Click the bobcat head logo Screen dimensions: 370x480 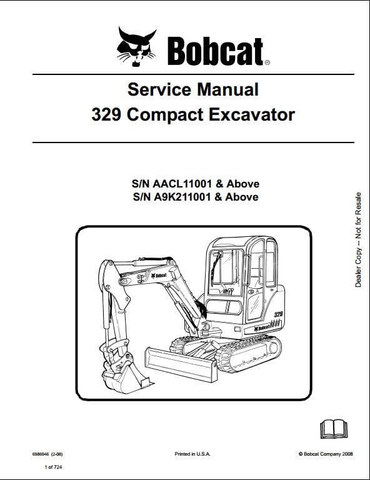[x=136, y=46]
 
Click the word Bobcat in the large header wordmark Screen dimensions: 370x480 [x=216, y=51]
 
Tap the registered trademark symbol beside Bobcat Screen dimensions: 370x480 [x=267, y=62]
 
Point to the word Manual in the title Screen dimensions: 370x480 [x=227, y=89]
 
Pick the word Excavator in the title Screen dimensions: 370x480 [x=252, y=115]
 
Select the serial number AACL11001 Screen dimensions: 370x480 [x=182, y=184]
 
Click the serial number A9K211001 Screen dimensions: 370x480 [x=182, y=197]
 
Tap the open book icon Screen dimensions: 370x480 [x=334, y=429]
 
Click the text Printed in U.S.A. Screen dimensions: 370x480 [x=192, y=454]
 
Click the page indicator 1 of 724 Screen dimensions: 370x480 [x=53, y=467]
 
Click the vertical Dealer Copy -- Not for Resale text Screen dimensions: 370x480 [x=357, y=240]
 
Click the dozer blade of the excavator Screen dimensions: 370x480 [x=181, y=364]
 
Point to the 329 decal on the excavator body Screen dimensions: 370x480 [x=278, y=314]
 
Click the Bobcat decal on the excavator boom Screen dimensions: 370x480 [x=159, y=276]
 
